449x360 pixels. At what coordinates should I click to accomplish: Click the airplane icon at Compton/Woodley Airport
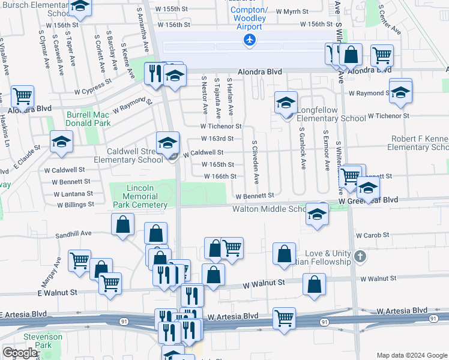point(249,40)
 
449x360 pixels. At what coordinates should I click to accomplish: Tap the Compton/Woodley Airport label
point(249,19)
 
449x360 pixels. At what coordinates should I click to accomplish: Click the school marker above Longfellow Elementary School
point(286,103)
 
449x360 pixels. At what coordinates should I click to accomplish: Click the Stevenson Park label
point(43,341)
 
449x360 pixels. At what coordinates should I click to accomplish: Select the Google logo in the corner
point(20,352)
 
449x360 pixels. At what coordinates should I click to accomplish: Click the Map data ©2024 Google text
point(411,355)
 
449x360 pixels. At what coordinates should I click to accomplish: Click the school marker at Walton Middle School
point(316,214)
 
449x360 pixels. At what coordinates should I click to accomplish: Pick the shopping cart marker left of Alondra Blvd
point(22,95)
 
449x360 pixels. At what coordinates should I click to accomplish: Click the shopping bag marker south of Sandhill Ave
point(122,225)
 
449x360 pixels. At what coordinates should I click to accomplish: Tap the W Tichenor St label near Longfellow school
point(388,115)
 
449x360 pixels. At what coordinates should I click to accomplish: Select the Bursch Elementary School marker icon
point(79,7)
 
